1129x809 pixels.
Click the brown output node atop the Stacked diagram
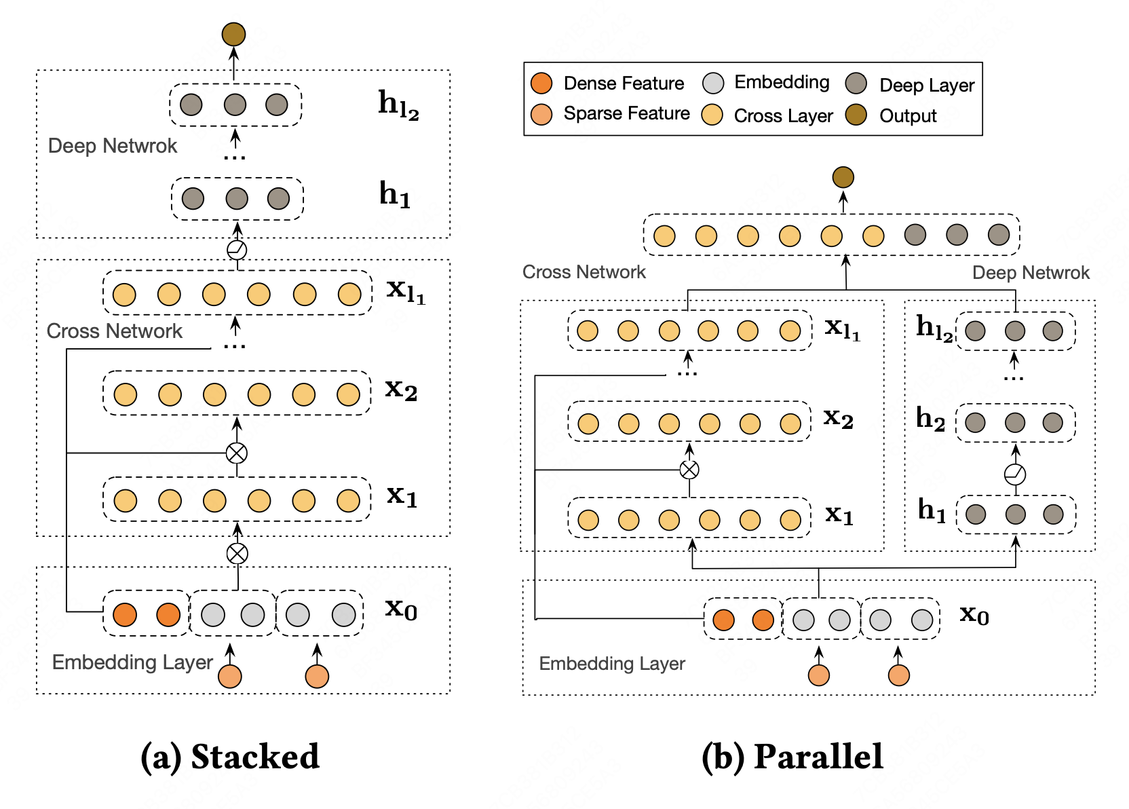[x=233, y=34]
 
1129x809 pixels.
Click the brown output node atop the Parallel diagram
[x=843, y=178]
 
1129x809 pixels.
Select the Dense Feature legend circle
[x=541, y=83]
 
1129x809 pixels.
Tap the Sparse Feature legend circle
[x=541, y=115]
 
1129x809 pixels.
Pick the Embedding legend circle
[x=713, y=83]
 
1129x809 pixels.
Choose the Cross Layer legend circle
[x=712, y=115]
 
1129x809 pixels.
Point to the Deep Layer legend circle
[x=856, y=83]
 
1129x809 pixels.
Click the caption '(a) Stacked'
[x=229, y=757]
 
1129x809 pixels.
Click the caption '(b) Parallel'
[x=792, y=757]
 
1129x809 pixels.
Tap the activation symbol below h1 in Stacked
[x=237, y=250]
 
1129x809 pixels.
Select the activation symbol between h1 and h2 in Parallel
[x=1015, y=474]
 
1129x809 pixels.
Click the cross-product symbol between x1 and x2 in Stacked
[x=237, y=453]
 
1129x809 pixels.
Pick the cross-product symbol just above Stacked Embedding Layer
[x=237, y=554]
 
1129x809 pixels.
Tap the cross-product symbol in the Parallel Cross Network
[x=689, y=470]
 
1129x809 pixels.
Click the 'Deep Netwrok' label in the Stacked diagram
[x=113, y=146]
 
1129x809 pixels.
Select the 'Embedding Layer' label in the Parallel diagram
[x=612, y=664]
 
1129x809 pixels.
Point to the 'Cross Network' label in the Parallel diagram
[x=583, y=272]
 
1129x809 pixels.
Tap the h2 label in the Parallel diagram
[x=930, y=419]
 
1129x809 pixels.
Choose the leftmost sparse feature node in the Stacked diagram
[x=230, y=676]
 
